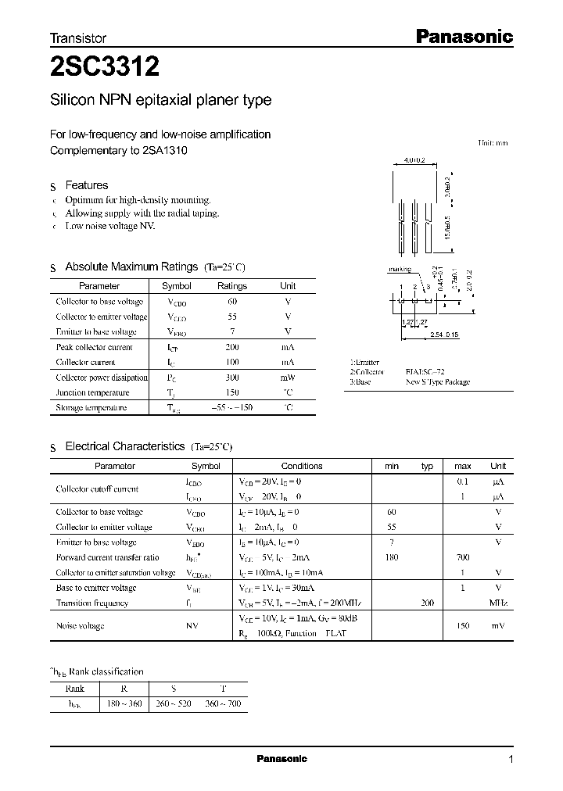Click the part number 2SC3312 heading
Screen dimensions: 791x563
tap(105, 68)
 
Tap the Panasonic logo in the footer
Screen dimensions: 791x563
tap(281, 759)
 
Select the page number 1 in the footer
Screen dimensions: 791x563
tap(511, 760)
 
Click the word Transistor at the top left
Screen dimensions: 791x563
tap(78, 38)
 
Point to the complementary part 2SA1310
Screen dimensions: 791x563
tap(165, 150)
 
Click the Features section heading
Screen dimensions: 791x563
tap(86, 185)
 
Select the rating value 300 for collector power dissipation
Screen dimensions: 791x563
tap(231, 378)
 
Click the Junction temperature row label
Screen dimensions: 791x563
tap(92, 392)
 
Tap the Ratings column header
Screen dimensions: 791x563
tap(231, 286)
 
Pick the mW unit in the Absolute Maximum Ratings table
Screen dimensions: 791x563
tap(288, 378)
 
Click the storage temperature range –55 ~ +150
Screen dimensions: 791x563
tap(231, 408)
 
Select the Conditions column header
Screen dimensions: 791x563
tap(301, 466)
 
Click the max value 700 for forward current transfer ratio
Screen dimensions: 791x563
tap(462, 557)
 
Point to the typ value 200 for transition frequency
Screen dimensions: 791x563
tap(427, 603)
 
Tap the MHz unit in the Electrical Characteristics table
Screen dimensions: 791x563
tap(498, 603)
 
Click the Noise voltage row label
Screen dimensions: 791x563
tap(80, 626)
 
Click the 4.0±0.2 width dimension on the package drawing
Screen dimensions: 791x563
tap(414, 161)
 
